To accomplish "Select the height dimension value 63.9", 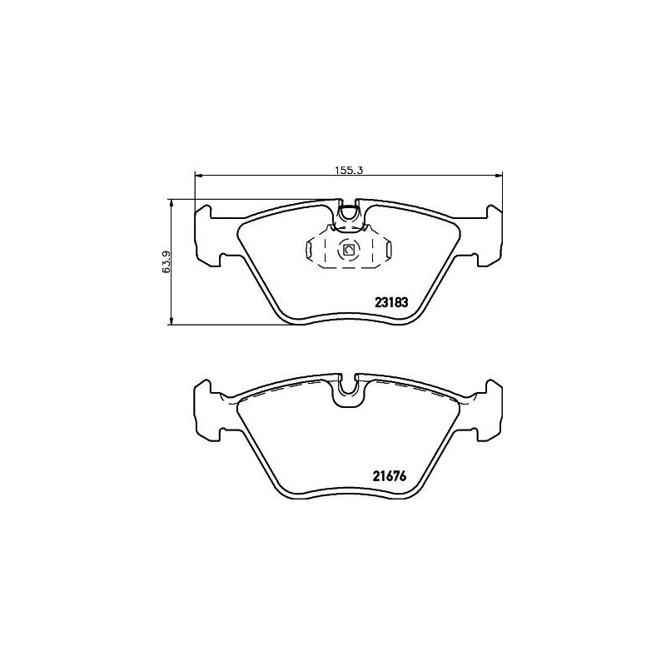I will (x=166, y=261).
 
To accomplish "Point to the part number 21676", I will (x=387, y=477).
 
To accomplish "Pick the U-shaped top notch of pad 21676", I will (x=349, y=392).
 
